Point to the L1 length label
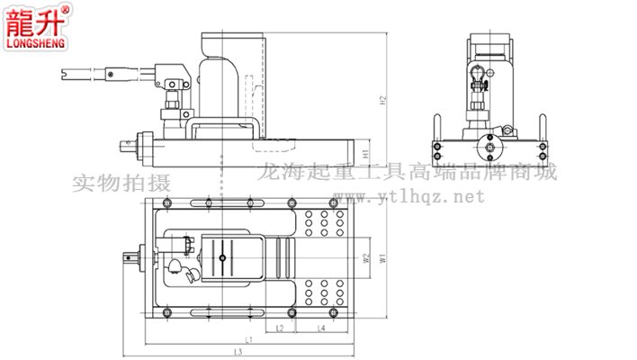[x=248, y=340]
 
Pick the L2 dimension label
[x=280, y=328]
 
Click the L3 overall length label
[x=248, y=352]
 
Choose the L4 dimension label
[x=321, y=328]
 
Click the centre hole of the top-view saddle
[x=220, y=259]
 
